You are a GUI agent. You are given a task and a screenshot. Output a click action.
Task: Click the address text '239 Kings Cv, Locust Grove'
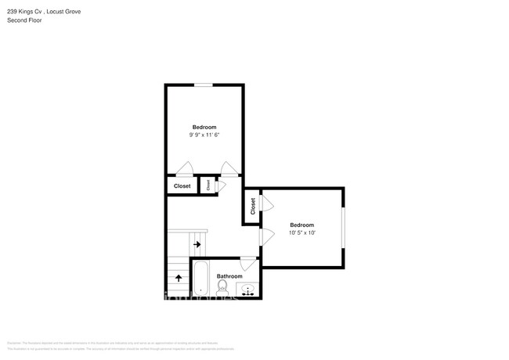point(43,12)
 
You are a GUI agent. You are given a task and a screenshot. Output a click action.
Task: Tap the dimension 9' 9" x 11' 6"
point(204,135)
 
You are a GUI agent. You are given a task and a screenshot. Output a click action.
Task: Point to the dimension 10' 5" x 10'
point(301,232)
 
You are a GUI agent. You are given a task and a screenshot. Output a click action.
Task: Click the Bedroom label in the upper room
point(204,127)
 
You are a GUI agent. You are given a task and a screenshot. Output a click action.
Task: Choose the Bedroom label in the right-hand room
point(301,225)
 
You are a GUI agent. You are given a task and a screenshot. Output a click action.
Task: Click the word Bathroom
point(229,276)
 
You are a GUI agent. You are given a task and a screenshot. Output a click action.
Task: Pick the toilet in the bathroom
point(221,290)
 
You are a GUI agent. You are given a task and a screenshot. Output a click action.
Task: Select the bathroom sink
point(249,291)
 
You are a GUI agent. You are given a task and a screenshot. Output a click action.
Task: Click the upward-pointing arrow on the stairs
point(179,276)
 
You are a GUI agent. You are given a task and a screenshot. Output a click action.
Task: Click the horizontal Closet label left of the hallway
point(182,185)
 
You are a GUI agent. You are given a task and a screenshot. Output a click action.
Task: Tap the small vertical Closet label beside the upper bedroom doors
point(208,185)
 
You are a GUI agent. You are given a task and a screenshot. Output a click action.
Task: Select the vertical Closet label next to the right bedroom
point(253,207)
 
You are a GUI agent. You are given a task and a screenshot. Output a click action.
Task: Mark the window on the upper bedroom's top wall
point(204,85)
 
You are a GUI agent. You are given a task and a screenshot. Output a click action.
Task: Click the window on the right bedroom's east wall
point(343,228)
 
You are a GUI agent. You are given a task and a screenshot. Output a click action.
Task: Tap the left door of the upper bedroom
point(185,168)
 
